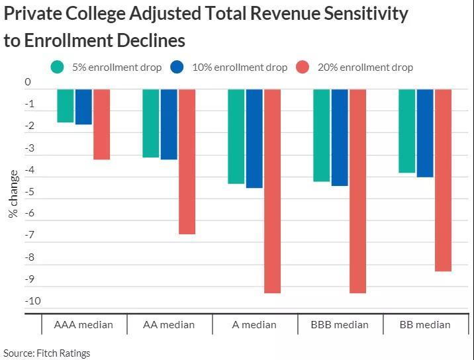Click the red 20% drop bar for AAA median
pyautogui.click(x=101, y=124)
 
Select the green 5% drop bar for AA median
pyautogui.click(x=151, y=123)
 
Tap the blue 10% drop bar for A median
pyautogui.click(x=254, y=138)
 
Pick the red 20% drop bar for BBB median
pyautogui.click(x=357, y=191)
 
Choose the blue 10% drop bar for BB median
pyautogui.click(x=425, y=133)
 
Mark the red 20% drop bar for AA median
pyautogui.click(x=187, y=161)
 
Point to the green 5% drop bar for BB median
pyautogui.click(x=407, y=131)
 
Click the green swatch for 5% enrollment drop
pyautogui.click(x=58, y=67)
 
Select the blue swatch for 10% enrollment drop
pyautogui.click(x=177, y=67)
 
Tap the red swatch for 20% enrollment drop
pyautogui.click(x=303, y=67)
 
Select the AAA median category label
pyautogui.click(x=83, y=324)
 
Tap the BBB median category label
pyautogui.click(x=340, y=324)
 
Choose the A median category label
pyautogui.click(x=254, y=324)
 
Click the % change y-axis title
pyautogui.click(x=13, y=194)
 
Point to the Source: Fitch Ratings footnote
pyautogui.click(x=47, y=353)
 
